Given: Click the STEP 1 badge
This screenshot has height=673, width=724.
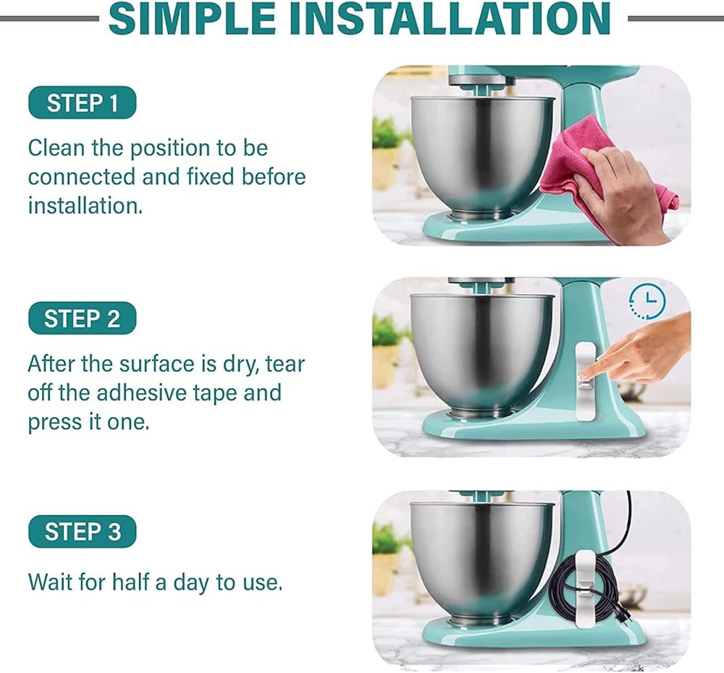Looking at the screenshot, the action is click(83, 103).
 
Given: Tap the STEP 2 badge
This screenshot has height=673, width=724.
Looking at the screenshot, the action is click(83, 318).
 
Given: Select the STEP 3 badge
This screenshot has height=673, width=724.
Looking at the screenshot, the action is click(83, 531).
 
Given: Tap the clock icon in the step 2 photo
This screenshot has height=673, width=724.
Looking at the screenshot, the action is click(647, 302).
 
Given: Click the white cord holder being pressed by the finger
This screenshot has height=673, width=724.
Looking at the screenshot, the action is click(585, 381).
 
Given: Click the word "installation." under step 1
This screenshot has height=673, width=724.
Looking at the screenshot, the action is click(85, 206).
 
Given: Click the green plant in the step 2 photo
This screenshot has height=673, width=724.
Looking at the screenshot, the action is click(387, 330).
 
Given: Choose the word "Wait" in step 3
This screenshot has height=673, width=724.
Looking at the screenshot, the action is click(50, 582).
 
